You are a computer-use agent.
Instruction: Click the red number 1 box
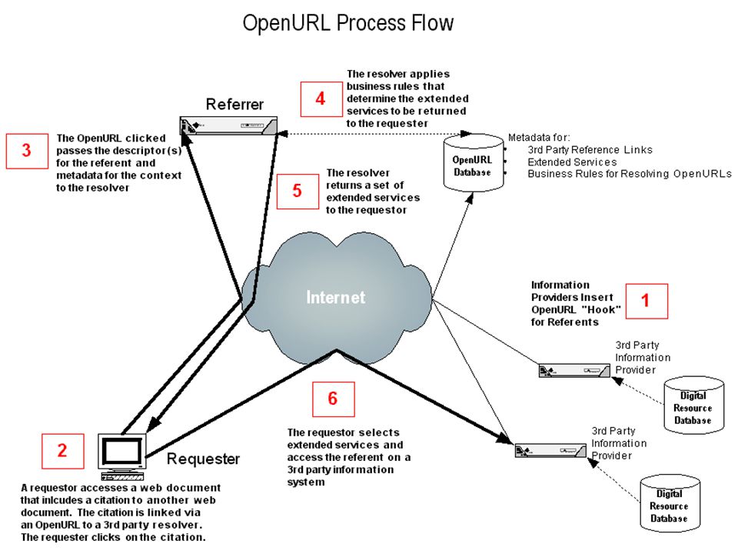pyautogui.click(x=647, y=301)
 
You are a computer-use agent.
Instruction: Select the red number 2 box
pyautogui.click(x=62, y=451)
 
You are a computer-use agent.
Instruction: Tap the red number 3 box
pyautogui.click(x=27, y=151)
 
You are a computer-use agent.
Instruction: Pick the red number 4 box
pyautogui.click(x=321, y=99)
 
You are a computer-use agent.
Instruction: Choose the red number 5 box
pyautogui.click(x=298, y=192)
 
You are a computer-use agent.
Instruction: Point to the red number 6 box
pyautogui.click(x=333, y=399)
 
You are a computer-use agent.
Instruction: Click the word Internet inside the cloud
pyautogui.click(x=336, y=297)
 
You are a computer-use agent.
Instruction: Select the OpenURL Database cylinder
pyautogui.click(x=473, y=162)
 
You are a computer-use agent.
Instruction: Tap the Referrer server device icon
pyautogui.click(x=228, y=125)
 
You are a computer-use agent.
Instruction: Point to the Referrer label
pyautogui.click(x=234, y=104)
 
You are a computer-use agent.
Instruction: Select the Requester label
pyautogui.click(x=203, y=459)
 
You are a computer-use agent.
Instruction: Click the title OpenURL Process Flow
pyautogui.click(x=347, y=23)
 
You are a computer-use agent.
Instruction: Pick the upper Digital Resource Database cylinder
pyautogui.click(x=693, y=405)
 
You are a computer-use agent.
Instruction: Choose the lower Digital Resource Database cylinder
pyautogui.click(x=670, y=503)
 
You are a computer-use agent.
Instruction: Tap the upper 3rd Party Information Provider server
pyautogui.click(x=574, y=370)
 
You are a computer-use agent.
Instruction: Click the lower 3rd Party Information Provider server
pyautogui.click(x=550, y=450)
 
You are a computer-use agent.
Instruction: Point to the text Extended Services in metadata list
pyautogui.click(x=572, y=162)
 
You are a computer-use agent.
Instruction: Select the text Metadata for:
pyautogui.click(x=539, y=138)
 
